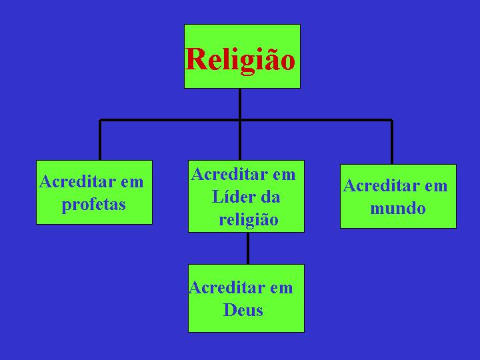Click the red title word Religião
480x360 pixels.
click(x=240, y=60)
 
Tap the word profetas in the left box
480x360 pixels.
click(x=94, y=204)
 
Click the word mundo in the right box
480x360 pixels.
click(x=397, y=208)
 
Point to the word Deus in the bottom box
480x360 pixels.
click(x=243, y=309)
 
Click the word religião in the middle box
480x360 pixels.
click(x=249, y=220)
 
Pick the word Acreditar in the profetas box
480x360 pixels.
click(x=77, y=181)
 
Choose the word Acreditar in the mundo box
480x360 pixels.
click(x=381, y=185)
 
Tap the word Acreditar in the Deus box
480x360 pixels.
click(x=227, y=287)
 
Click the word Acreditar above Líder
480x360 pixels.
click(x=229, y=174)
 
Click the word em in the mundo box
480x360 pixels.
click(x=436, y=187)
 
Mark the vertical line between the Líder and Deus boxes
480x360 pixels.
click(x=247, y=248)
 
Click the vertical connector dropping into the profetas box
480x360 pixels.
click(x=100, y=140)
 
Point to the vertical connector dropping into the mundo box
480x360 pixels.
click(x=392, y=142)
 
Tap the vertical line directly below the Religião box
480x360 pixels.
click(x=240, y=104)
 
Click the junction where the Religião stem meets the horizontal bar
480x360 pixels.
click(x=240, y=120)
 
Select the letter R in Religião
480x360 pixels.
click(x=195, y=59)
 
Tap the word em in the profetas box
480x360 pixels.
click(x=132, y=183)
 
